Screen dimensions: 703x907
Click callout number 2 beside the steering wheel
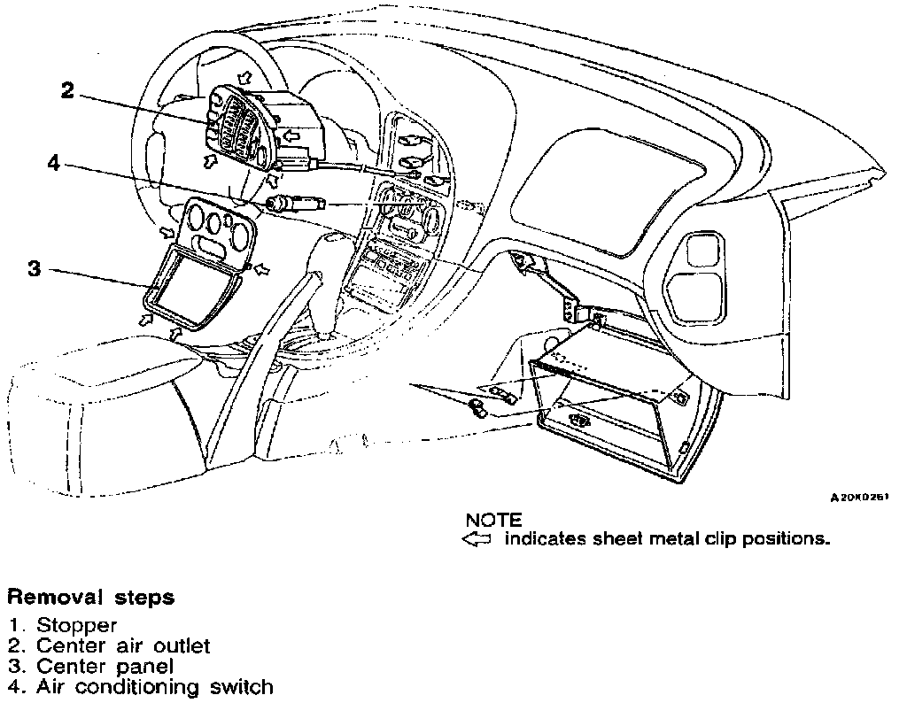pos(68,90)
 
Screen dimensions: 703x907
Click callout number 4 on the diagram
pos(54,165)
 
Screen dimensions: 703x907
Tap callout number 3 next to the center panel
pos(35,269)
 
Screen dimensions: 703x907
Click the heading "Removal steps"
pos(91,598)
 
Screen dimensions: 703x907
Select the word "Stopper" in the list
pos(76,626)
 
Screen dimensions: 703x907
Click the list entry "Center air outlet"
pos(123,645)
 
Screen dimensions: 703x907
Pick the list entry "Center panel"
pos(105,666)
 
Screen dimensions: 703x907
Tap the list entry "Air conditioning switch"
pos(154,686)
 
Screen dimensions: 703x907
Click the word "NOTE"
pos(493,520)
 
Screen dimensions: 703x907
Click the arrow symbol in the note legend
pos(477,539)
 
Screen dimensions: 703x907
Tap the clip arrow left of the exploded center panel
pos(166,232)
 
